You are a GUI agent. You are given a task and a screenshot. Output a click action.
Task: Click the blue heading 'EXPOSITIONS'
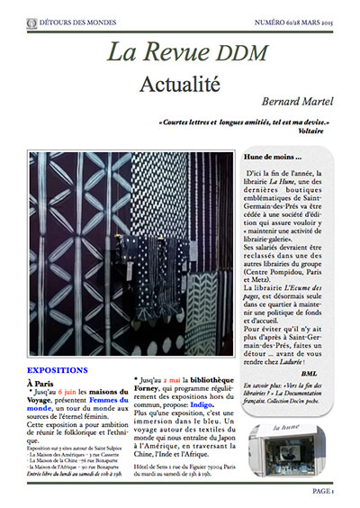pyautogui.click(x=58, y=370)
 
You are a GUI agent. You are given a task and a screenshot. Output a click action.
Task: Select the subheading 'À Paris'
pyautogui.click(x=41, y=384)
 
